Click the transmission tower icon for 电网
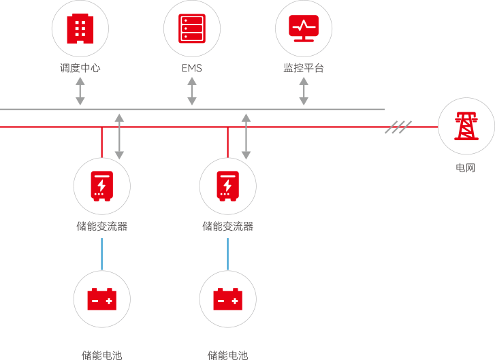click(x=466, y=126)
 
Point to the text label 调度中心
click(x=80, y=68)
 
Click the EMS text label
click(x=191, y=68)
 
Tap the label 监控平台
click(x=303, y=68)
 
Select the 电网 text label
click(x=466, y=167)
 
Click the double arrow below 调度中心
click(x=80, y=91)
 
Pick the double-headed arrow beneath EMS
click(x=192, y=91)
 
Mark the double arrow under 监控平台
click(x=304, y=91)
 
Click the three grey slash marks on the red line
click(x=398, y=127)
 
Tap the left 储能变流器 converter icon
click(x=101, y=186)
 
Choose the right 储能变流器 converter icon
click(x=227, y=186)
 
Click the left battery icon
click(x=101, y=299)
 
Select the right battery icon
click(x=227, y=299)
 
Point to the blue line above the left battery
click(x=101, y=254)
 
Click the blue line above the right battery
click(x=227, y=254)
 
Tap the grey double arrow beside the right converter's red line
click(x=246, y=136)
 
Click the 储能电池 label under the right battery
click(x=227, y=355)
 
